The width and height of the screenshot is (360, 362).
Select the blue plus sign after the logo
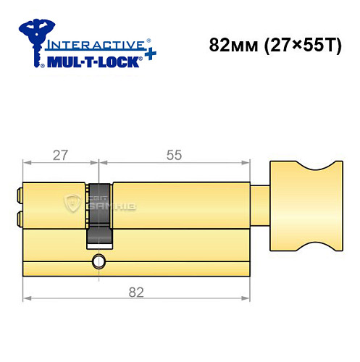coord(148,55)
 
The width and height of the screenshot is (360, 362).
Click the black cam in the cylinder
coord(99,214)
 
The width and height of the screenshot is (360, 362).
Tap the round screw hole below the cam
coord(97,261)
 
